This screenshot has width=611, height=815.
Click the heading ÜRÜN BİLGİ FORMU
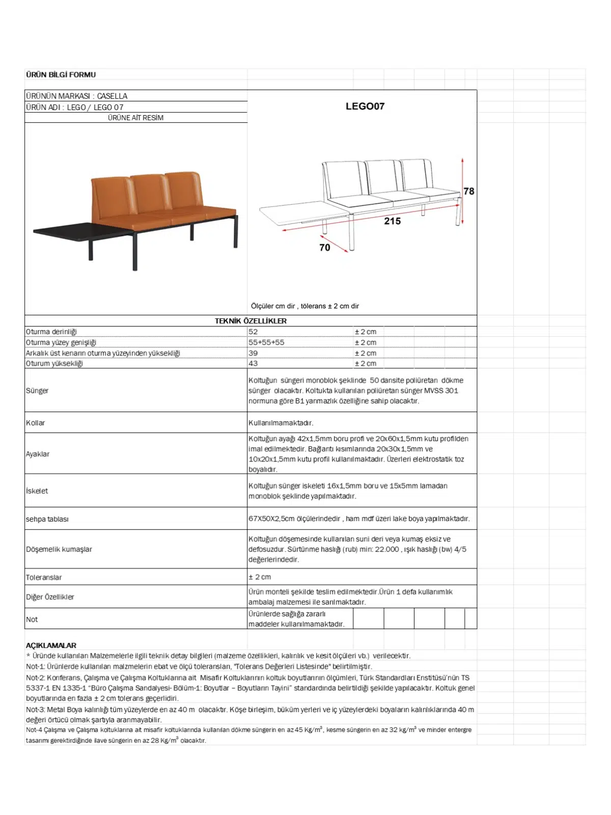[x=61, y=75]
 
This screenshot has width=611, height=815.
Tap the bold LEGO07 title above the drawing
[x=365, y=106]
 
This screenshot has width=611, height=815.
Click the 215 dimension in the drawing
[x=392, y=221]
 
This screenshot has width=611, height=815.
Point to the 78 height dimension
[x=468, y=191]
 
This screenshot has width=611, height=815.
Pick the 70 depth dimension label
[x=324, y=248]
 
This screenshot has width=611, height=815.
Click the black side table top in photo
[x=81, y=231]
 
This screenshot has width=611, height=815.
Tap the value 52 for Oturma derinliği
[x=253, y=332]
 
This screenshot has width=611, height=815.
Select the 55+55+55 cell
[x=266, y=342]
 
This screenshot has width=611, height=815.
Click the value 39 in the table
[x=253, y=353]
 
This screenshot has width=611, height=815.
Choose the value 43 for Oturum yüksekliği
[x=253, y=363]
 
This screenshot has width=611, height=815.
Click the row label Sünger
[x=37, y=391]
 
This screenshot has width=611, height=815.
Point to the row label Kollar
[x=36, y=423]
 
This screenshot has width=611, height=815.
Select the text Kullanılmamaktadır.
[x=281, y=423]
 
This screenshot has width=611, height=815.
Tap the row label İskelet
[x=37, y=491]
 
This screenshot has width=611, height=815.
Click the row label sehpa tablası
[x=47, y=519]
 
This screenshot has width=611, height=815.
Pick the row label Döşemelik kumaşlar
[x=59, y=549]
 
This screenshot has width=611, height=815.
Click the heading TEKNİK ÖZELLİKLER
[x=251, y=321]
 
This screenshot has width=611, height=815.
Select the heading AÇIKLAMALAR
[x=51, y=645]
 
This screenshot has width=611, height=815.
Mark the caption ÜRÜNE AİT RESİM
[x=135, y=118]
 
